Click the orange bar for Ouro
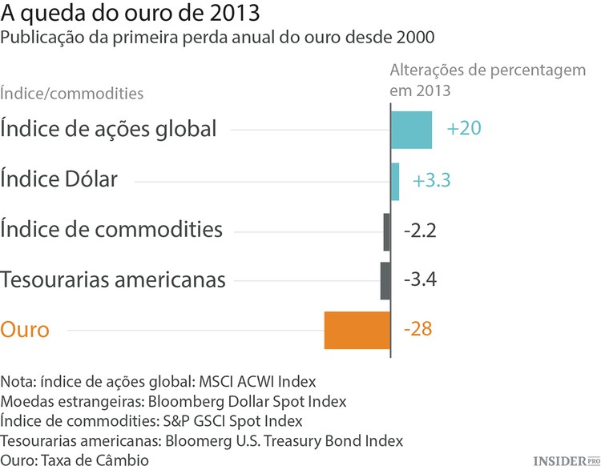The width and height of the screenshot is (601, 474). click(x=357, y=330)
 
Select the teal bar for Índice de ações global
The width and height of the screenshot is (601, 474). click(x=411, y=130)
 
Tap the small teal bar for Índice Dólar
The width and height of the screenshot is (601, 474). click(x=395, y=181)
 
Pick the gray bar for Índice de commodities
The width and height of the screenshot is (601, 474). click(x=386, y=231)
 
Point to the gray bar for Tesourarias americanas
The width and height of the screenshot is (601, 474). click(x=385, y=281)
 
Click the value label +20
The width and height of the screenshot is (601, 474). click(x=464, y=130)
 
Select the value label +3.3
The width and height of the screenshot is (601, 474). click(x=431, y=180)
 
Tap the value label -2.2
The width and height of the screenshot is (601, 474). click(x=420, y=231)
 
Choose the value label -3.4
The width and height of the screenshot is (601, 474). click(x=420, y=281)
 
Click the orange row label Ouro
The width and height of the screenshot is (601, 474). click(x=25, y=330)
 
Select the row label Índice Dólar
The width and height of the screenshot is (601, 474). click(x=59, y=179)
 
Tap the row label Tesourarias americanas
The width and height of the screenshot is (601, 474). click(x=113, y=280)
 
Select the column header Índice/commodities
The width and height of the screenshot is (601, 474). click(x=72, y=93)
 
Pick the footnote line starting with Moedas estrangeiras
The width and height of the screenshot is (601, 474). click(x=174, y=400)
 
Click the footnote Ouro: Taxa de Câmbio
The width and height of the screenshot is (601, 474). click(x=75, y=461)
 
